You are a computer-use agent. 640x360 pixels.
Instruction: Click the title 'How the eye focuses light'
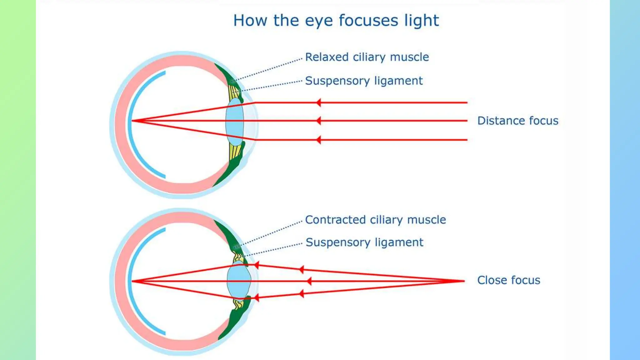coord(336,21)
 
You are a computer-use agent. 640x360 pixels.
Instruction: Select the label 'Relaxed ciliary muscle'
coord(367,57)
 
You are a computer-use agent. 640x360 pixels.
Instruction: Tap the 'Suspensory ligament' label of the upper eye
coord(364,81)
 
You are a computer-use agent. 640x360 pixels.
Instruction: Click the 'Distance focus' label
coord(517,121)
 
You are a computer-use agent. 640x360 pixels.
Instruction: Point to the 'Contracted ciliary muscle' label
coord(375,220)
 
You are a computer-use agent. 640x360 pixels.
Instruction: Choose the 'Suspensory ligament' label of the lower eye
coord(364,242)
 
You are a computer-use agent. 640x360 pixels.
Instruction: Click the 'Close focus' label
coord(508,280)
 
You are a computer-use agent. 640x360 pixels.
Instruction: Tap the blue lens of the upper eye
coord(234,122)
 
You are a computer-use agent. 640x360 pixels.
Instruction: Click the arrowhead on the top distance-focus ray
coord(318,102)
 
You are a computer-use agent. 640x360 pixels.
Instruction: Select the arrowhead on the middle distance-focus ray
coord(318,121)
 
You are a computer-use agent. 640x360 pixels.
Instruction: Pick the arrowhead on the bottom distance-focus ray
coord(318,140)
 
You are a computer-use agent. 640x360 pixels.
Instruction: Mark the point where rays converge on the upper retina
coord(132,121)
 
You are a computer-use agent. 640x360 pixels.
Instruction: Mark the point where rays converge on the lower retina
coord(132,281)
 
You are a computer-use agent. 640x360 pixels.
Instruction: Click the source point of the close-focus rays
coord(464,281)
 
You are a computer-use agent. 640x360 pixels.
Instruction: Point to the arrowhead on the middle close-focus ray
coord(309,281)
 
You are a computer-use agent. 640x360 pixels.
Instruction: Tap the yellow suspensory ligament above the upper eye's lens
coord(234,92)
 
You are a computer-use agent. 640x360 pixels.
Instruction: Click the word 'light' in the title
coord(422,21)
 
